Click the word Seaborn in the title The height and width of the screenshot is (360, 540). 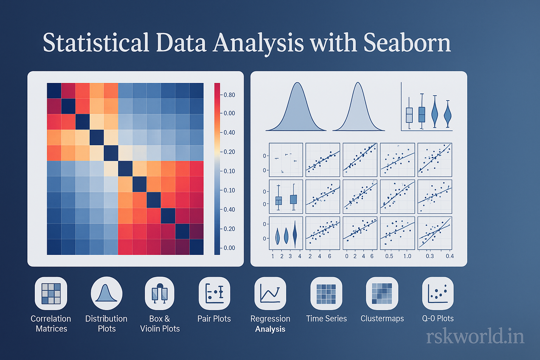[407, 43]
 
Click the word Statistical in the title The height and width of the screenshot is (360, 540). [96, 43]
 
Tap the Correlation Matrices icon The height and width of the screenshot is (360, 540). [51, 294]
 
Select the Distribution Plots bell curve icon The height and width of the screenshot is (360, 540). [107, 294]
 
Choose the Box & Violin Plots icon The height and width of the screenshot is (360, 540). [160, 294]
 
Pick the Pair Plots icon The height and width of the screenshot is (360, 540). [214, 294]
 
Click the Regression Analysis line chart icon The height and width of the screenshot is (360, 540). [270, 294]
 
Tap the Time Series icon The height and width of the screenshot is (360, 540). [326, 294]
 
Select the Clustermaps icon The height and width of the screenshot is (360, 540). [382, 294]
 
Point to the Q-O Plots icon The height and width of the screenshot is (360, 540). [438, 294]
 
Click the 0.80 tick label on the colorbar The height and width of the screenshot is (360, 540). [229, 95]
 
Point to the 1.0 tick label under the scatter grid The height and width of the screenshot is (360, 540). [407, 256]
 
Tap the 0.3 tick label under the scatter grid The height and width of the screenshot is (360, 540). [430, 256]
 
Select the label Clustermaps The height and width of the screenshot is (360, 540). [382, 319]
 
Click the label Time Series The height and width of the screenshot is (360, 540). [326, 319]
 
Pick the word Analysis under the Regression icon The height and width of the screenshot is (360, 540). [270, 329]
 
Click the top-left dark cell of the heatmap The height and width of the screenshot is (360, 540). [54, 91]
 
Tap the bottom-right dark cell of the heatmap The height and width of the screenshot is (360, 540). [197, 247]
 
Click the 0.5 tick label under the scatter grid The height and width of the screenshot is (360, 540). [389, 256]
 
